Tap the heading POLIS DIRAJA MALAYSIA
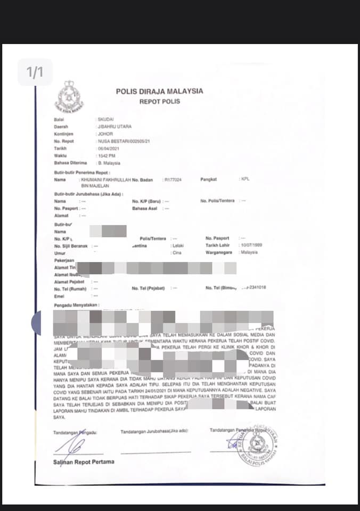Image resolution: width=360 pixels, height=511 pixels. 159,91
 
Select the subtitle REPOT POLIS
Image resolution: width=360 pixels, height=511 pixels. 160,101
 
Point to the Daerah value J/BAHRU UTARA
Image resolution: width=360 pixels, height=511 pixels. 113,127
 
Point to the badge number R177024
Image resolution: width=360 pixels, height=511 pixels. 173,180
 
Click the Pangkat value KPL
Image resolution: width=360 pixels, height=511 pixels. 245,179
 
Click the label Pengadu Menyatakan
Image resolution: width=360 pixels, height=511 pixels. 77,305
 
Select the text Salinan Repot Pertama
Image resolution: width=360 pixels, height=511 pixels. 84,461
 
